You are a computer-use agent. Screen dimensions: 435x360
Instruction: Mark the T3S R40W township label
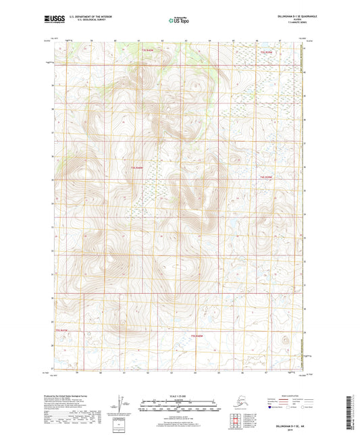click(197, 336)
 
